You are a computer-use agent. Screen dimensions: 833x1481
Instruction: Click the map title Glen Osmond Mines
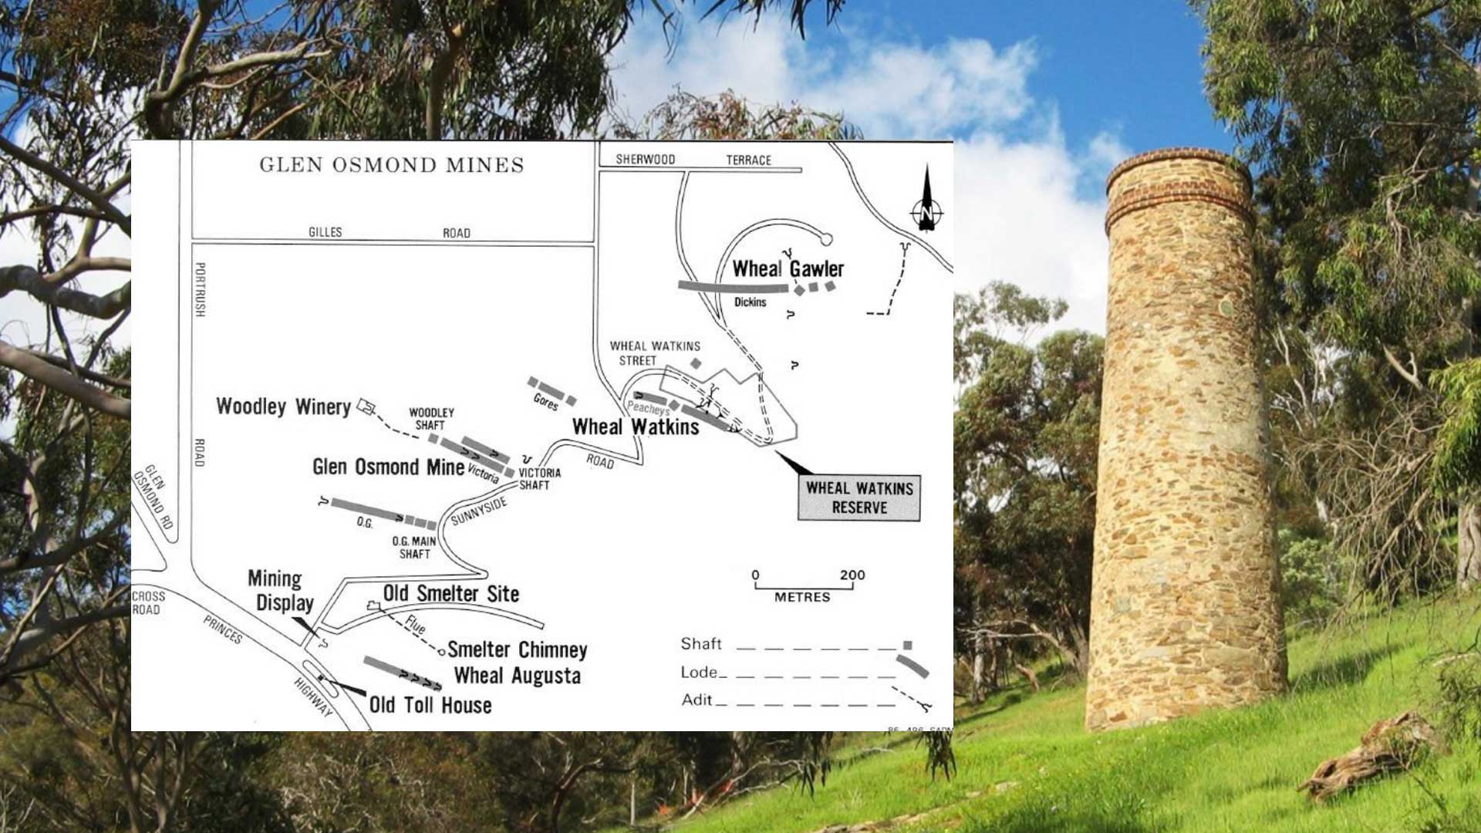[391, 165]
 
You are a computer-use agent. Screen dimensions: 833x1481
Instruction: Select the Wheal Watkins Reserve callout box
[859, 498]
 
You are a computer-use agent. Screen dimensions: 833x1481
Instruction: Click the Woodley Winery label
[283, 406]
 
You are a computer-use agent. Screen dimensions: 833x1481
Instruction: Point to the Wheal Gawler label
[788, 268]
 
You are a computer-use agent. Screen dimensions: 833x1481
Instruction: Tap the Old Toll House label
[430, 705]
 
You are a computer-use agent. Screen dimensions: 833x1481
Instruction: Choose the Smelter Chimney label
[517, 649]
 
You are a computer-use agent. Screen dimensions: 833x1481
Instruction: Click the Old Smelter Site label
[451, 593]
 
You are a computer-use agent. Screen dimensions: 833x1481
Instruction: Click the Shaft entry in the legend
[701, 644]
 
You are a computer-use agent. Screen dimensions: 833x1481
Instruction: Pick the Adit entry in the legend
[697, 700]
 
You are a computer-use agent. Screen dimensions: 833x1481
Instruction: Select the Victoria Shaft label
[539, 478]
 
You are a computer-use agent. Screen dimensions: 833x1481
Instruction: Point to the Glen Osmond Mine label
[388, 467]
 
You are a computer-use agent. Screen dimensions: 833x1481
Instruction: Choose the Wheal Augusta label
[517, 676]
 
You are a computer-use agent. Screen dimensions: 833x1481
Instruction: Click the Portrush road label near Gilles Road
[200, 289]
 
